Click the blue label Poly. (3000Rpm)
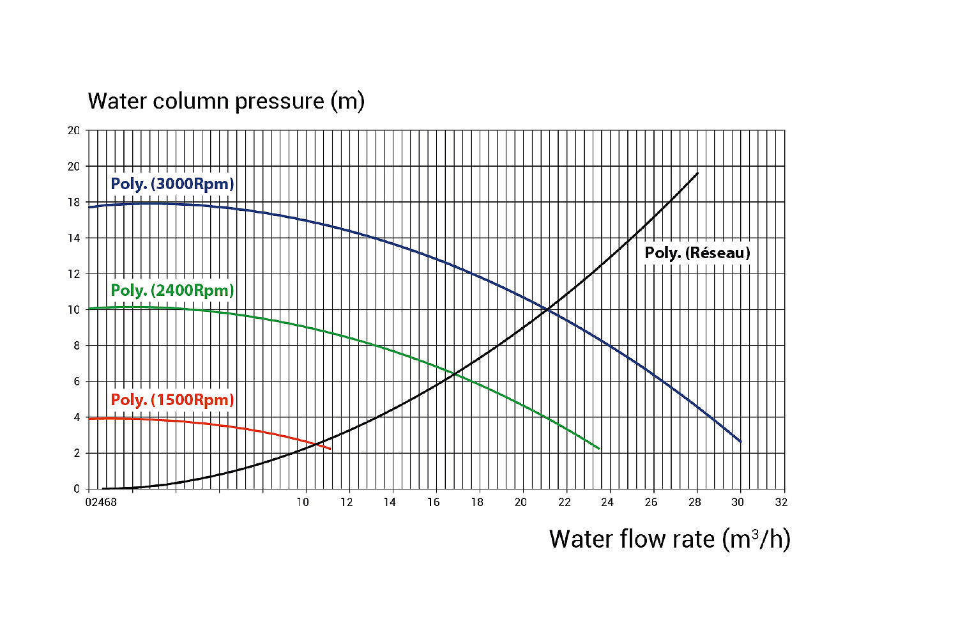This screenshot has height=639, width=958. click(172, 184)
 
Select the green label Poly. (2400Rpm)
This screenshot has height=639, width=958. click(172, 291)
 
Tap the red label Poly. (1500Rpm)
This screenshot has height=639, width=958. click(172, 400)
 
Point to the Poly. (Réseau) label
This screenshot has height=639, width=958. click(697, 253)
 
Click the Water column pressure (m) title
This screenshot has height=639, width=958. click(226, 101)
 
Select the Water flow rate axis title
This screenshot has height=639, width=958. click(669, 539)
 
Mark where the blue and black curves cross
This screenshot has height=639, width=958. click(548, 311)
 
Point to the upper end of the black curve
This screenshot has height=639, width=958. click(697, 173)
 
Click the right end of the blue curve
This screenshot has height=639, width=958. click(740, 442)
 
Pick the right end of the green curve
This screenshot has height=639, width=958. click(599, 449)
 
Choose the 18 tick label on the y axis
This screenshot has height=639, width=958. click(74, 203)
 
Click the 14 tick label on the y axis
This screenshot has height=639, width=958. click(74, 238)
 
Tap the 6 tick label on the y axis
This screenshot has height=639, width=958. click(77, 381)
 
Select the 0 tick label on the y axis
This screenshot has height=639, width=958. click(77, 489)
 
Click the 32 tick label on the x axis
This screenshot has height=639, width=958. click(781, 502)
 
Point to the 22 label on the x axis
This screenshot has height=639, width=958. click(564, 502)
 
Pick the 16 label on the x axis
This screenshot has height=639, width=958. click(434, 502)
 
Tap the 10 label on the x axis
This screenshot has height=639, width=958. click(303, 502)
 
